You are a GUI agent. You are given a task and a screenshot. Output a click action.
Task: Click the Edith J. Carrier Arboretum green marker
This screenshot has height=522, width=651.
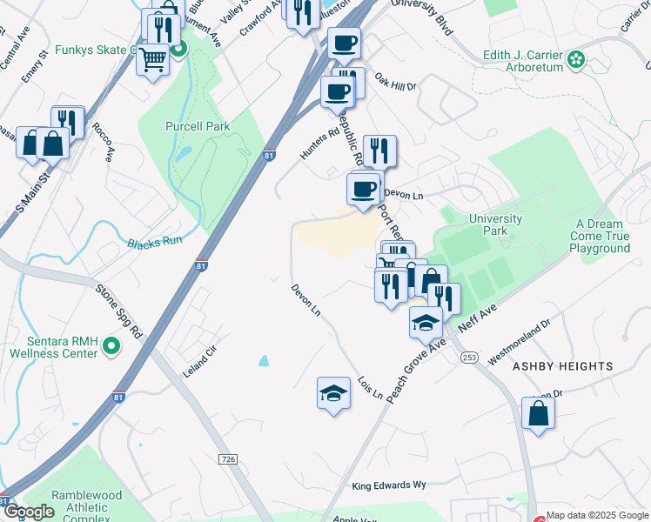tap(575, 60)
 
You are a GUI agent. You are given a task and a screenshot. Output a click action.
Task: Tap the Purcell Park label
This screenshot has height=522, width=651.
tap(198, 126)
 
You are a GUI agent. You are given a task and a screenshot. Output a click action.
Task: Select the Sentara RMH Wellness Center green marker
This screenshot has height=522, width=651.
tap(111, 347)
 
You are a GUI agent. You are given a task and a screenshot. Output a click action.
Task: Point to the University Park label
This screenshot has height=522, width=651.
tap(494, 224)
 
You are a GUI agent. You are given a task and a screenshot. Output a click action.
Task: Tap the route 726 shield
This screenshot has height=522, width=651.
tap(229, 458)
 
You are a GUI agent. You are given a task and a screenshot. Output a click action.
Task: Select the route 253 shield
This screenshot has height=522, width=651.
tap(470, 358)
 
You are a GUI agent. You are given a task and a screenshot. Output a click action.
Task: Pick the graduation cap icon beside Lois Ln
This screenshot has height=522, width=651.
tap(333, 394)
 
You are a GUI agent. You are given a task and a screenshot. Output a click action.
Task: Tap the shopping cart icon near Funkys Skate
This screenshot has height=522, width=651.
tap(152, 59)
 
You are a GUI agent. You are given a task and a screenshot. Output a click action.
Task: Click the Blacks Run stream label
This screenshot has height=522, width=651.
tap(155, 242)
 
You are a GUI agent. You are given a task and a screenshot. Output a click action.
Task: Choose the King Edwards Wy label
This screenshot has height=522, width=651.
tap(389, 485)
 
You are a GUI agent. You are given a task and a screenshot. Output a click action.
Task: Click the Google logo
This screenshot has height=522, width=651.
tap(28, 512)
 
